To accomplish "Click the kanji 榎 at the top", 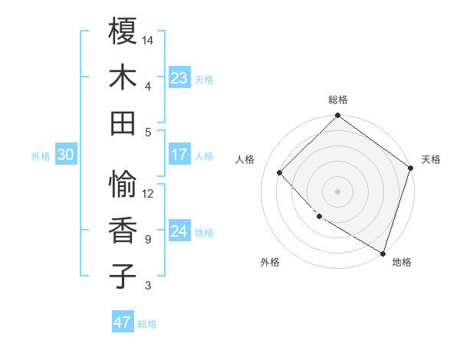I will click(123, 31).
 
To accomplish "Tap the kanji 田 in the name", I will click(123, 123).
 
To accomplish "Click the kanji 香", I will click(123, 230).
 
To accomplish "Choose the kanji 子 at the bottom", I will click(123, 275).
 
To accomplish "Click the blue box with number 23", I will click(179, 78).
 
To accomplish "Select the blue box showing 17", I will click(179, 155).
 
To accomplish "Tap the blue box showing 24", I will click(179, 231).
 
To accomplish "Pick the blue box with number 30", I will click(65, 155).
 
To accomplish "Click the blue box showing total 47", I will click(123, 322).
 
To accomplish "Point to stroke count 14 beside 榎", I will click(148, 40).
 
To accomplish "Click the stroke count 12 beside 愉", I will click(148, 193).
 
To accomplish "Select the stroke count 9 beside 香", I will click(148, 240).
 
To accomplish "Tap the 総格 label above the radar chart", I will click(337, 100).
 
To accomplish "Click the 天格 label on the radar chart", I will click(431, 159).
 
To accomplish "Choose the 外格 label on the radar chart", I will click(270, 262).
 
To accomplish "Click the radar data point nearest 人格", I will click(280, 172).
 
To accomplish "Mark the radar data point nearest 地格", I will click(383, 252).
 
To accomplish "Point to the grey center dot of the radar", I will click(337, 191).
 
